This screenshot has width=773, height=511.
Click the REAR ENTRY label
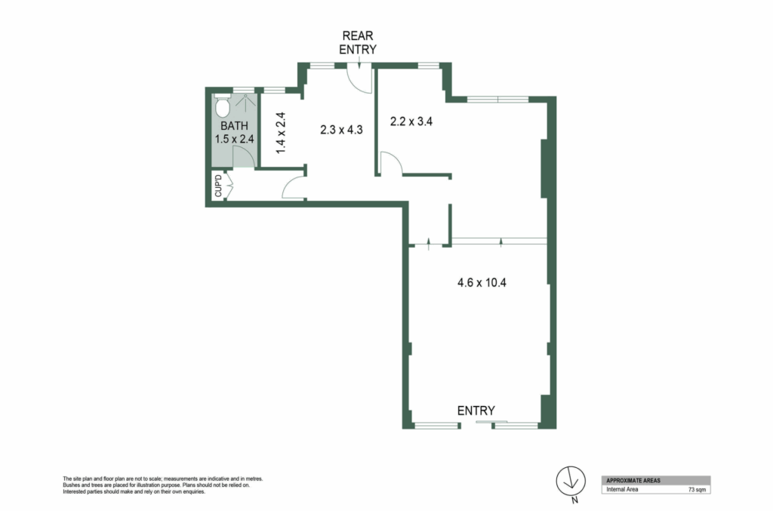pos(358,42)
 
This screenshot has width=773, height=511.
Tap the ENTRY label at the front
pos(476,411)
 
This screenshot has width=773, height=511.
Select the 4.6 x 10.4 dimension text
pos(482,283)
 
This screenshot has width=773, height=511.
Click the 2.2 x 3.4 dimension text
pos(411,122)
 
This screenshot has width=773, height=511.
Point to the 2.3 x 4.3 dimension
pos(341,130)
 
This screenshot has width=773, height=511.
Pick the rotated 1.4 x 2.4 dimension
pos(281,133)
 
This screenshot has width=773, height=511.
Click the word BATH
pos(234,126)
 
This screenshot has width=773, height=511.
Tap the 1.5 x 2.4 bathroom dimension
pos(234,139)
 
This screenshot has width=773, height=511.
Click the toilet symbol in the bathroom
pos(223,106)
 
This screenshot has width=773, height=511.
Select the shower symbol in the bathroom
pos(245,103)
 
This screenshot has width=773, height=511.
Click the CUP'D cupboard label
pos(218,186)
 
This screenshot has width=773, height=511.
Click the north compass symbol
pos(571,482)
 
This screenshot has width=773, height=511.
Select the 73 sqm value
pos(697,490)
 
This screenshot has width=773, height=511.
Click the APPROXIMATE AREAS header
pos(633,481)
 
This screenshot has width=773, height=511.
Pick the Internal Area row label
pos(622,489)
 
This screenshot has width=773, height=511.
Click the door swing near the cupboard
pos(294,188)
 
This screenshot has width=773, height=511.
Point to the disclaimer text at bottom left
pos(163,485)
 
